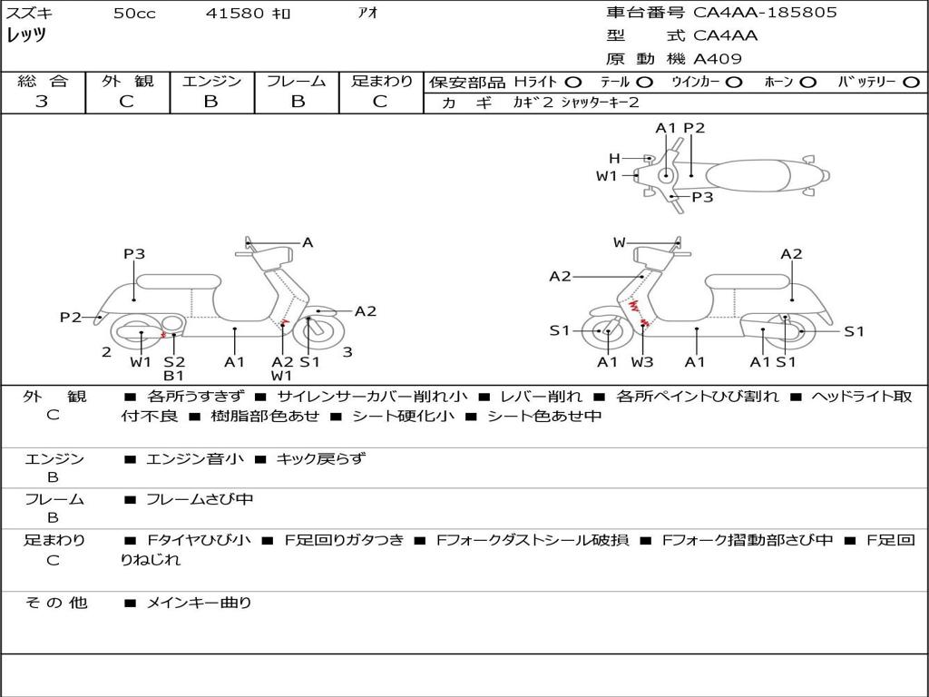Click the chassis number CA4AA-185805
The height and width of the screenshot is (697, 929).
pyautogui.click(x=765, y=12)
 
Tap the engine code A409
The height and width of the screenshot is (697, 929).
pyautogui.click(x=717, y=59)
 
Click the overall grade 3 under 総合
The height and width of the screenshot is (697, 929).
pyautogui.click(x=42, y=101)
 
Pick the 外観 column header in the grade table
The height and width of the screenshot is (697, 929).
pyautogui.click(x=127, y=81)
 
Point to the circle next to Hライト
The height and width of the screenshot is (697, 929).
pyautogui.click(x=573, y=83)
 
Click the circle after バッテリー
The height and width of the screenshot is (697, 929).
pyautogui.click(x=911, y=83)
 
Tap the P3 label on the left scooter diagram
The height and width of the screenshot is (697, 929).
pyautogui.click(x=134, y=254)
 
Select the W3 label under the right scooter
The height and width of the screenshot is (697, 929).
pyautogui.click(x=641, y=361)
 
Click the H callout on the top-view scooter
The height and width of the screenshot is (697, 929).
pyautogui.click(x=614, y=158)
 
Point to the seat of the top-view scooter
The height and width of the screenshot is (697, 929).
pyautogui.click(x=748, y=175)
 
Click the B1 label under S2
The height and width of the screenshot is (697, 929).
pyautogui.click(x=173, y=375)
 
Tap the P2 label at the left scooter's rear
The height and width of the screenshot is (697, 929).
pyautogui.click(x=71, y=317)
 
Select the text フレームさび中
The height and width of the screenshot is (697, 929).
pyautogui.click(x=200, y=500)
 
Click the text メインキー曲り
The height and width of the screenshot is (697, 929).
pyautogui.click(x=199, y=603)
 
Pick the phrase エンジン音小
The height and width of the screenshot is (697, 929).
pyautogui.click(x=194, y=458)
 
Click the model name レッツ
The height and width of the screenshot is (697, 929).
pyautogui.click(x=26, y=35)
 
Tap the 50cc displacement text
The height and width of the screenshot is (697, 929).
pyautogui.click(x=134, y=13)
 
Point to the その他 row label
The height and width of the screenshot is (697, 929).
pyautogui.click(x=56, y=603)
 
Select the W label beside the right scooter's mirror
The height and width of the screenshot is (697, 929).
pyautogui.click(x=619, y=241)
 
